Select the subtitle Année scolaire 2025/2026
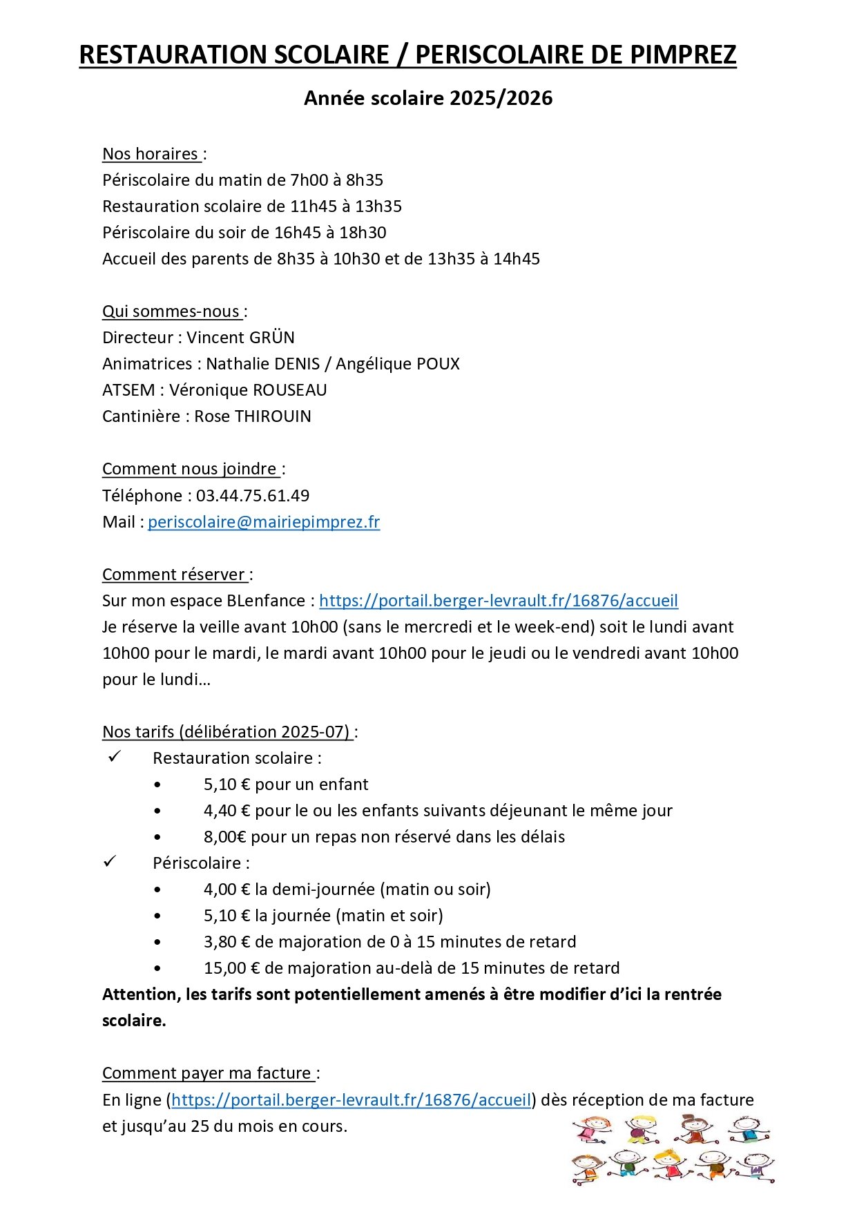tap(428, 98)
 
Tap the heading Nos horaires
tap(151, 154)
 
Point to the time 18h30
tap(363, 233)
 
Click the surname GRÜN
tap(270, 338)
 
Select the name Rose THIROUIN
tap(253, 416)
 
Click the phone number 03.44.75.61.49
tap(253, 496)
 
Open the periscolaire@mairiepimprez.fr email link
tap(264, 522)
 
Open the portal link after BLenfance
tap(499, 601)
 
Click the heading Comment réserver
tap(174, 575)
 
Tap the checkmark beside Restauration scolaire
tap(114, 757)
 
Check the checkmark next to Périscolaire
tap(110, 862)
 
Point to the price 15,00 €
tap(231, 968)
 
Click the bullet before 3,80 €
tap(157, 942)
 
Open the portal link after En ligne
tap(351, 1099)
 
